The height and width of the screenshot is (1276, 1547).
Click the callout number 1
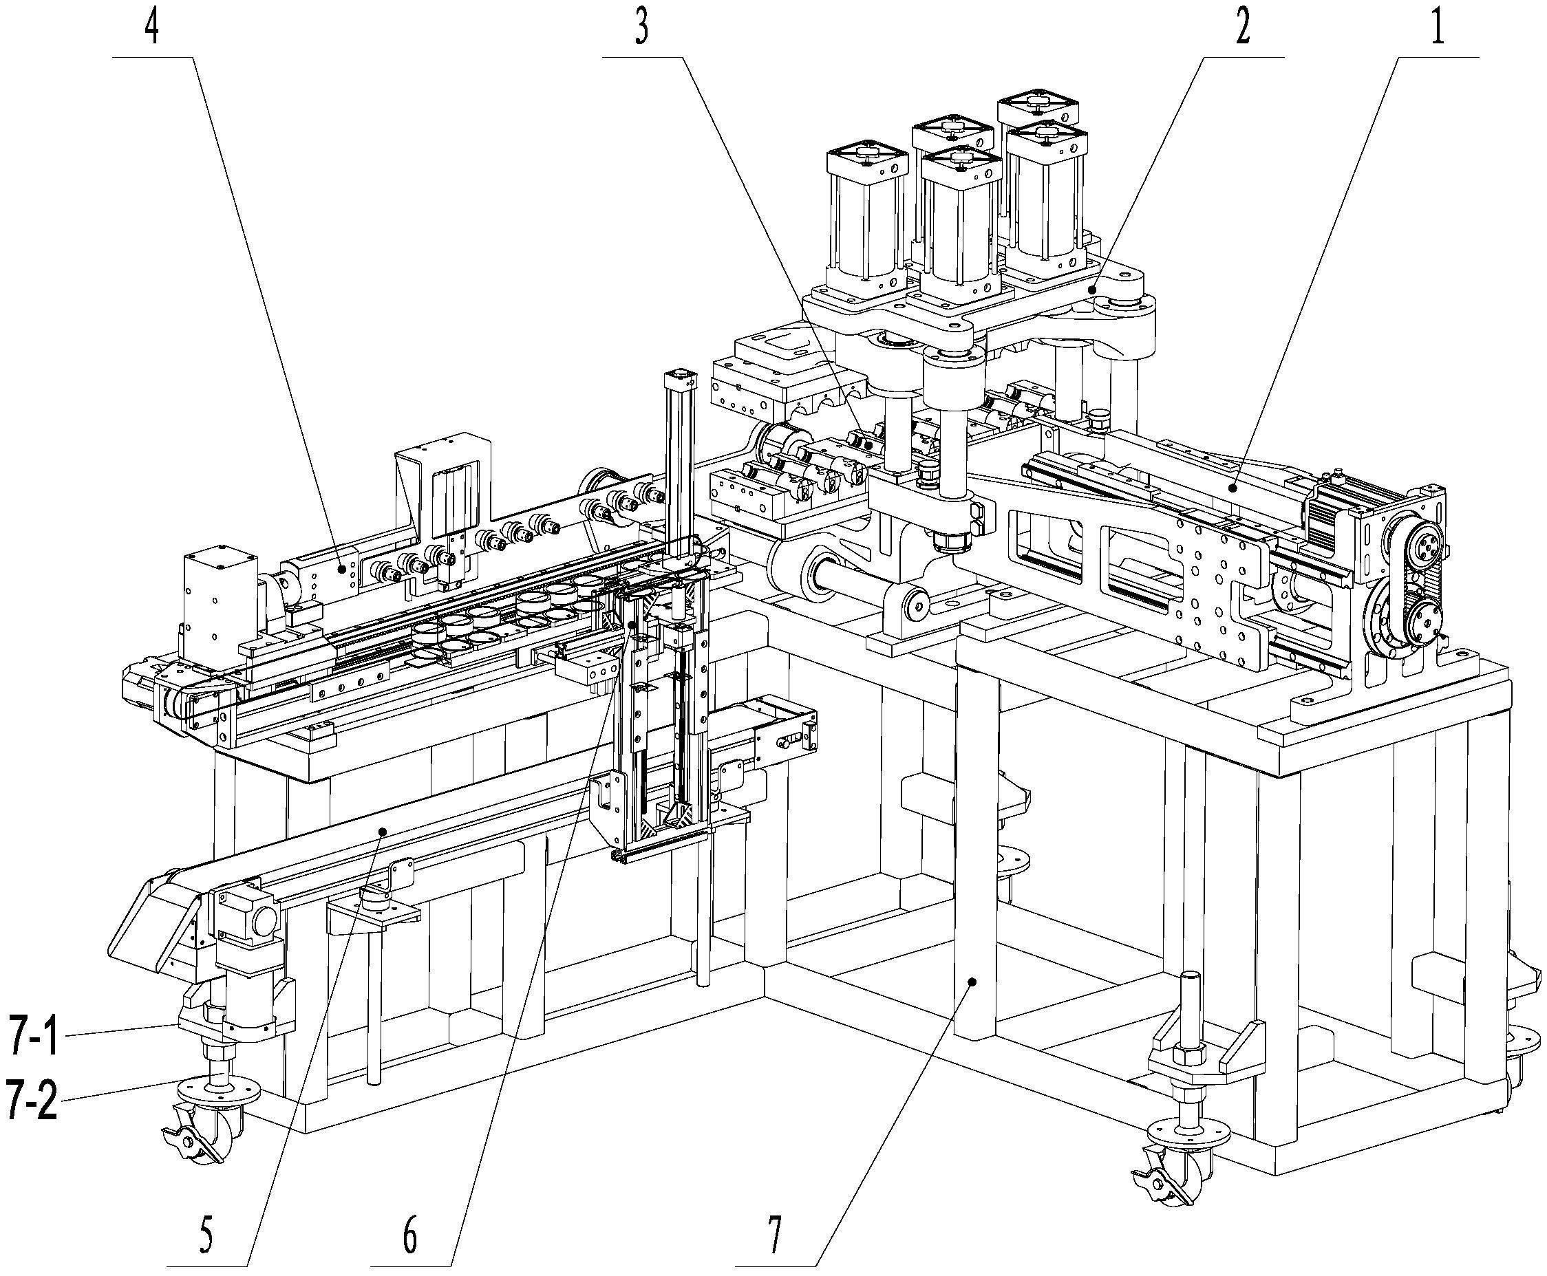[1437, 30]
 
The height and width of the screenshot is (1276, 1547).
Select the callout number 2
[1241, 30]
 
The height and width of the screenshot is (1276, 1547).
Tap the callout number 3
[641, 30]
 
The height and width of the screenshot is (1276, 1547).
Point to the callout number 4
[151, 30]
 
